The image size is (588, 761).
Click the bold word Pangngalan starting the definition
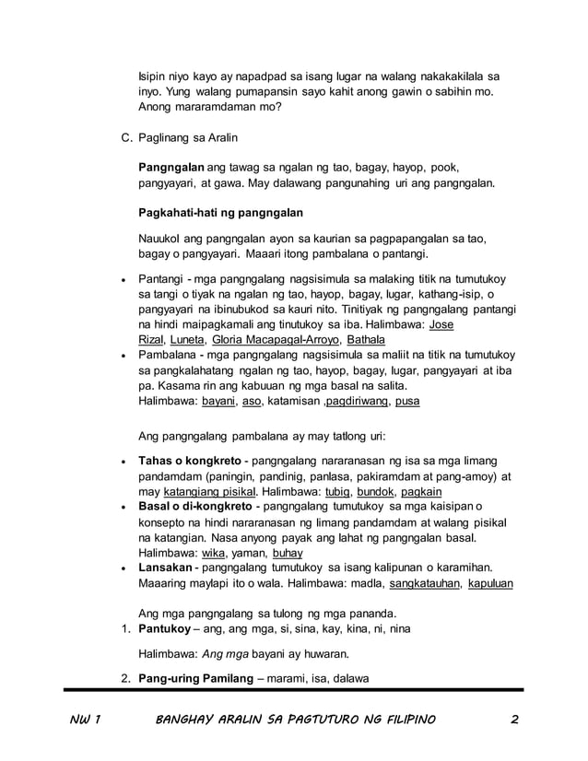[171, 168]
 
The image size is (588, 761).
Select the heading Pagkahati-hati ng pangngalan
[220, 213]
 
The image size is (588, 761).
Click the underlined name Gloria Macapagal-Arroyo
[272, 340]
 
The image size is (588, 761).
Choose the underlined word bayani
[218, 402]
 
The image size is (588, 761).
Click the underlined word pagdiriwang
[357, 402]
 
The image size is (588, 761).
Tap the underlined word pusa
[407, 402]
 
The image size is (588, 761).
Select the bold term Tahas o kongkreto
[191, 460]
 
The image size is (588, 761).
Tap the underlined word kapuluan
[491, 583]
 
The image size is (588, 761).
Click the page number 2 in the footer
[513, 719]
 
